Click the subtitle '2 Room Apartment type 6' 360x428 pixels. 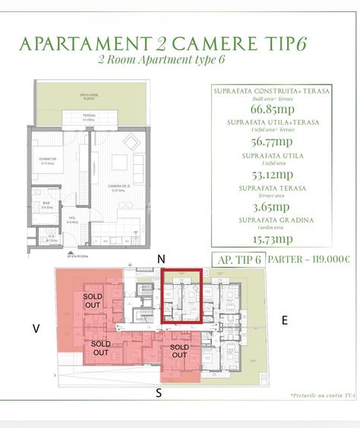(163, 59)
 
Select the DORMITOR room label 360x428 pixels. (47, 160)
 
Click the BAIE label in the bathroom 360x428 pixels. (46, 204)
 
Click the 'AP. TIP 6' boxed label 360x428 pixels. (239, 259)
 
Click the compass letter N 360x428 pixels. (161, 258)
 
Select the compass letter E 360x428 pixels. (285, 321)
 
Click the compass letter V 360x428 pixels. (36, 328)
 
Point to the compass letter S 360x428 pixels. (159, 392)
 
